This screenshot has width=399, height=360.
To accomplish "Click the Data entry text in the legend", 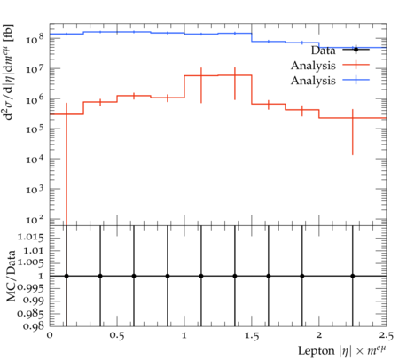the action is click(323, 51).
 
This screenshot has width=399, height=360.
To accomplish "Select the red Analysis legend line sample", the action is click(356, 64).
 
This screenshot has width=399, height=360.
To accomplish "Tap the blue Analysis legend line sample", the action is click(356, 80).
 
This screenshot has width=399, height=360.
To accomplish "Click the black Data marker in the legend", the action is click(356, 50).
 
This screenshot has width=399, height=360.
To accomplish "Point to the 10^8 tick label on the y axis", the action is click(35, 39).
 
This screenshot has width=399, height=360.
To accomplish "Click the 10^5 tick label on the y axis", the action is click(35, 129).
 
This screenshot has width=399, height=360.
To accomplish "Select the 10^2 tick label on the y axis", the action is click(35, 219).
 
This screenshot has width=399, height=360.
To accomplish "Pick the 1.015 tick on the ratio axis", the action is click(31, 238).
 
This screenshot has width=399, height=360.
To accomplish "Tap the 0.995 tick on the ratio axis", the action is click(31, 287).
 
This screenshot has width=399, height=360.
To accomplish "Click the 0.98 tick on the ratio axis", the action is click(34, 326).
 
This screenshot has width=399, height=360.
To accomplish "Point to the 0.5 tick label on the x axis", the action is click(117, 336).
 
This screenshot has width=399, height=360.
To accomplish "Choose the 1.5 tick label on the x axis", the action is click(252, 336).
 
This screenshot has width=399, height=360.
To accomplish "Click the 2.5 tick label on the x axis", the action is click(386, 336).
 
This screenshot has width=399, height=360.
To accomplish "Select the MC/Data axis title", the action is click(12, 276).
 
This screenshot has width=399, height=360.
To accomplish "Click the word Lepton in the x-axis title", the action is click(317, 351).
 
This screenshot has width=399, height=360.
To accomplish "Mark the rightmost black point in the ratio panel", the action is click(353, 276).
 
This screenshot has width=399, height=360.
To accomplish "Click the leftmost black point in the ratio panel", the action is click(66, 276).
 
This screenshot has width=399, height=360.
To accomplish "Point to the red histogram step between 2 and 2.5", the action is click(353, 118).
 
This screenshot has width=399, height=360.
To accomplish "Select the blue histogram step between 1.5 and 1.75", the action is click(269, 42).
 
